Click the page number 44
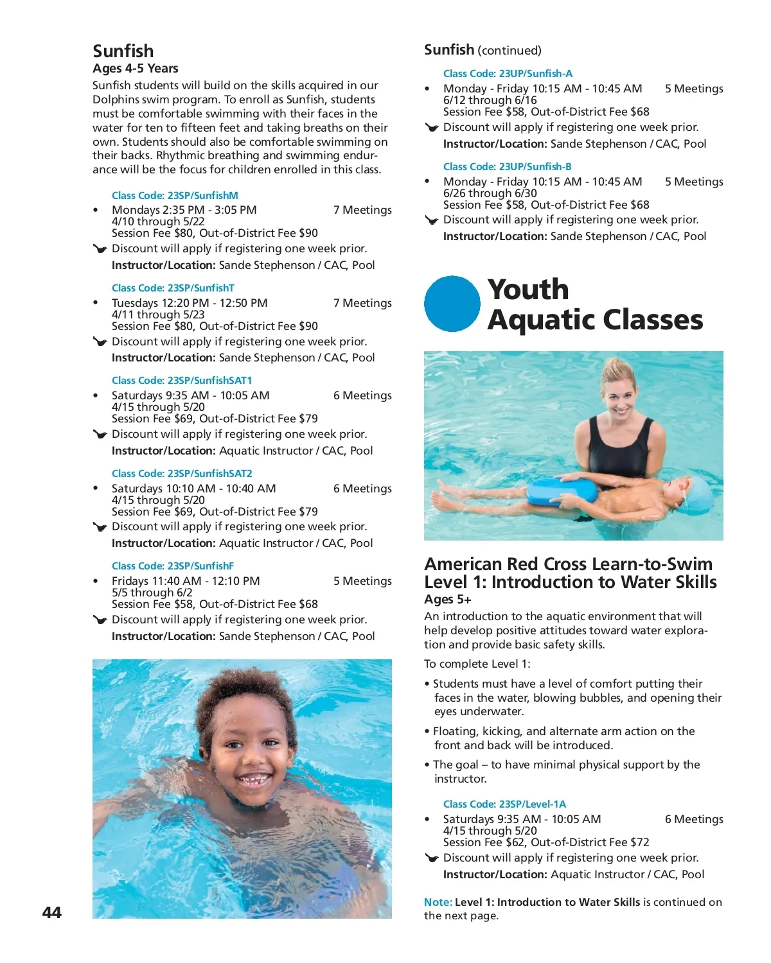click(x=52, y=912)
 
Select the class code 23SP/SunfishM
click(x=175, y=195)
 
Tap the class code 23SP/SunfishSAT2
click(x=182, y=473)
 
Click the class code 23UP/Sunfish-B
click(x=507, y=166)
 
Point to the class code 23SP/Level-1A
click(x=504, y=804)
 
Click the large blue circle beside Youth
click(x=452, y=304)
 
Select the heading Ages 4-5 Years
click(x=136, y=69)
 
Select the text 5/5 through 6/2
click(x=152, y=593)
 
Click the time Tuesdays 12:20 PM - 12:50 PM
click(x=190, y=303)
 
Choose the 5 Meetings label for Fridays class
click(x=362, y=581)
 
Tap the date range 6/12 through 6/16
click(x=490, y=100)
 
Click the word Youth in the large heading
click(x=528, y=290)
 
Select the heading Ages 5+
click(x=447, y=600)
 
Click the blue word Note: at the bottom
click(x=438, y=902)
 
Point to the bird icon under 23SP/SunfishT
click(x=100, y=342)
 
